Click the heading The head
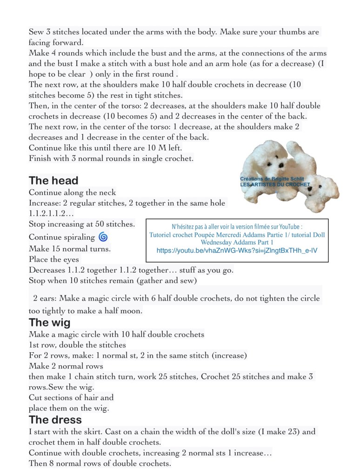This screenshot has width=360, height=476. click(x=53, y=181)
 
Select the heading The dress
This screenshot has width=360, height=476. click(x=55, y=420)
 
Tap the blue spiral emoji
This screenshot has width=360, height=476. click(x=103, y=237)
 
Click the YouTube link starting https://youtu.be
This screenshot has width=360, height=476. click(x=237, y=250)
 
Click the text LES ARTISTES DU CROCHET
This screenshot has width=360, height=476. click(x=274, y=184)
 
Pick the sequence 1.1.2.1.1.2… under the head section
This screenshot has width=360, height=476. click(x=51, y=214)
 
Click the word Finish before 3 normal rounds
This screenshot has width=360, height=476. click(x=40, y=158)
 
